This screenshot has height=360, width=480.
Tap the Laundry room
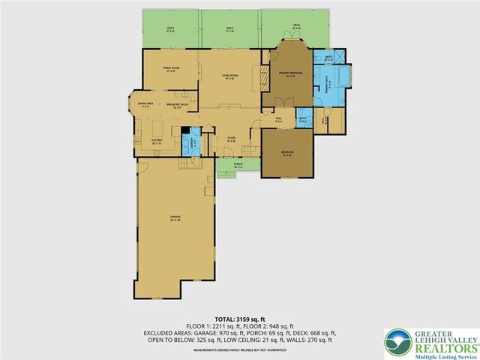(x=193, y=140)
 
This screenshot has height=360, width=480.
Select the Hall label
(x=278, y=119)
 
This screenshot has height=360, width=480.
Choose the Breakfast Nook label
(x=178, y=104)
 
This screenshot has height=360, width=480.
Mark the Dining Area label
(x=145, y=104)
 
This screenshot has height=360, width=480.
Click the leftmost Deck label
(x=170, y=29)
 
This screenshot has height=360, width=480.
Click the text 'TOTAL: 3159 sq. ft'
(x=239, y=319)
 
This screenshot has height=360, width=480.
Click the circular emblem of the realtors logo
(x=396, y=342)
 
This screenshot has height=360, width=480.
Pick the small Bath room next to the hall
(x=303, y=119)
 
